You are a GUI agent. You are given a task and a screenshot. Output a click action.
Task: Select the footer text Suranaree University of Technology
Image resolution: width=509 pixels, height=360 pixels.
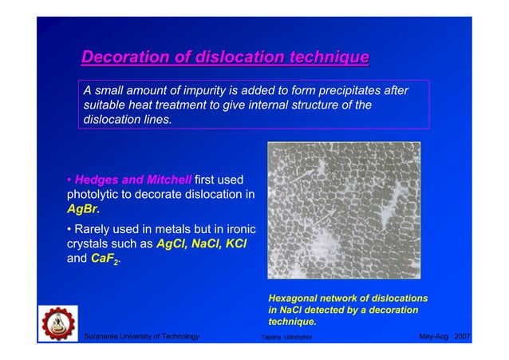[x=141, y=337]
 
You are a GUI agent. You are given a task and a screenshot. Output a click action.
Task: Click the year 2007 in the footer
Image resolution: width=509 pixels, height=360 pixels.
[x=462, y=337]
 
